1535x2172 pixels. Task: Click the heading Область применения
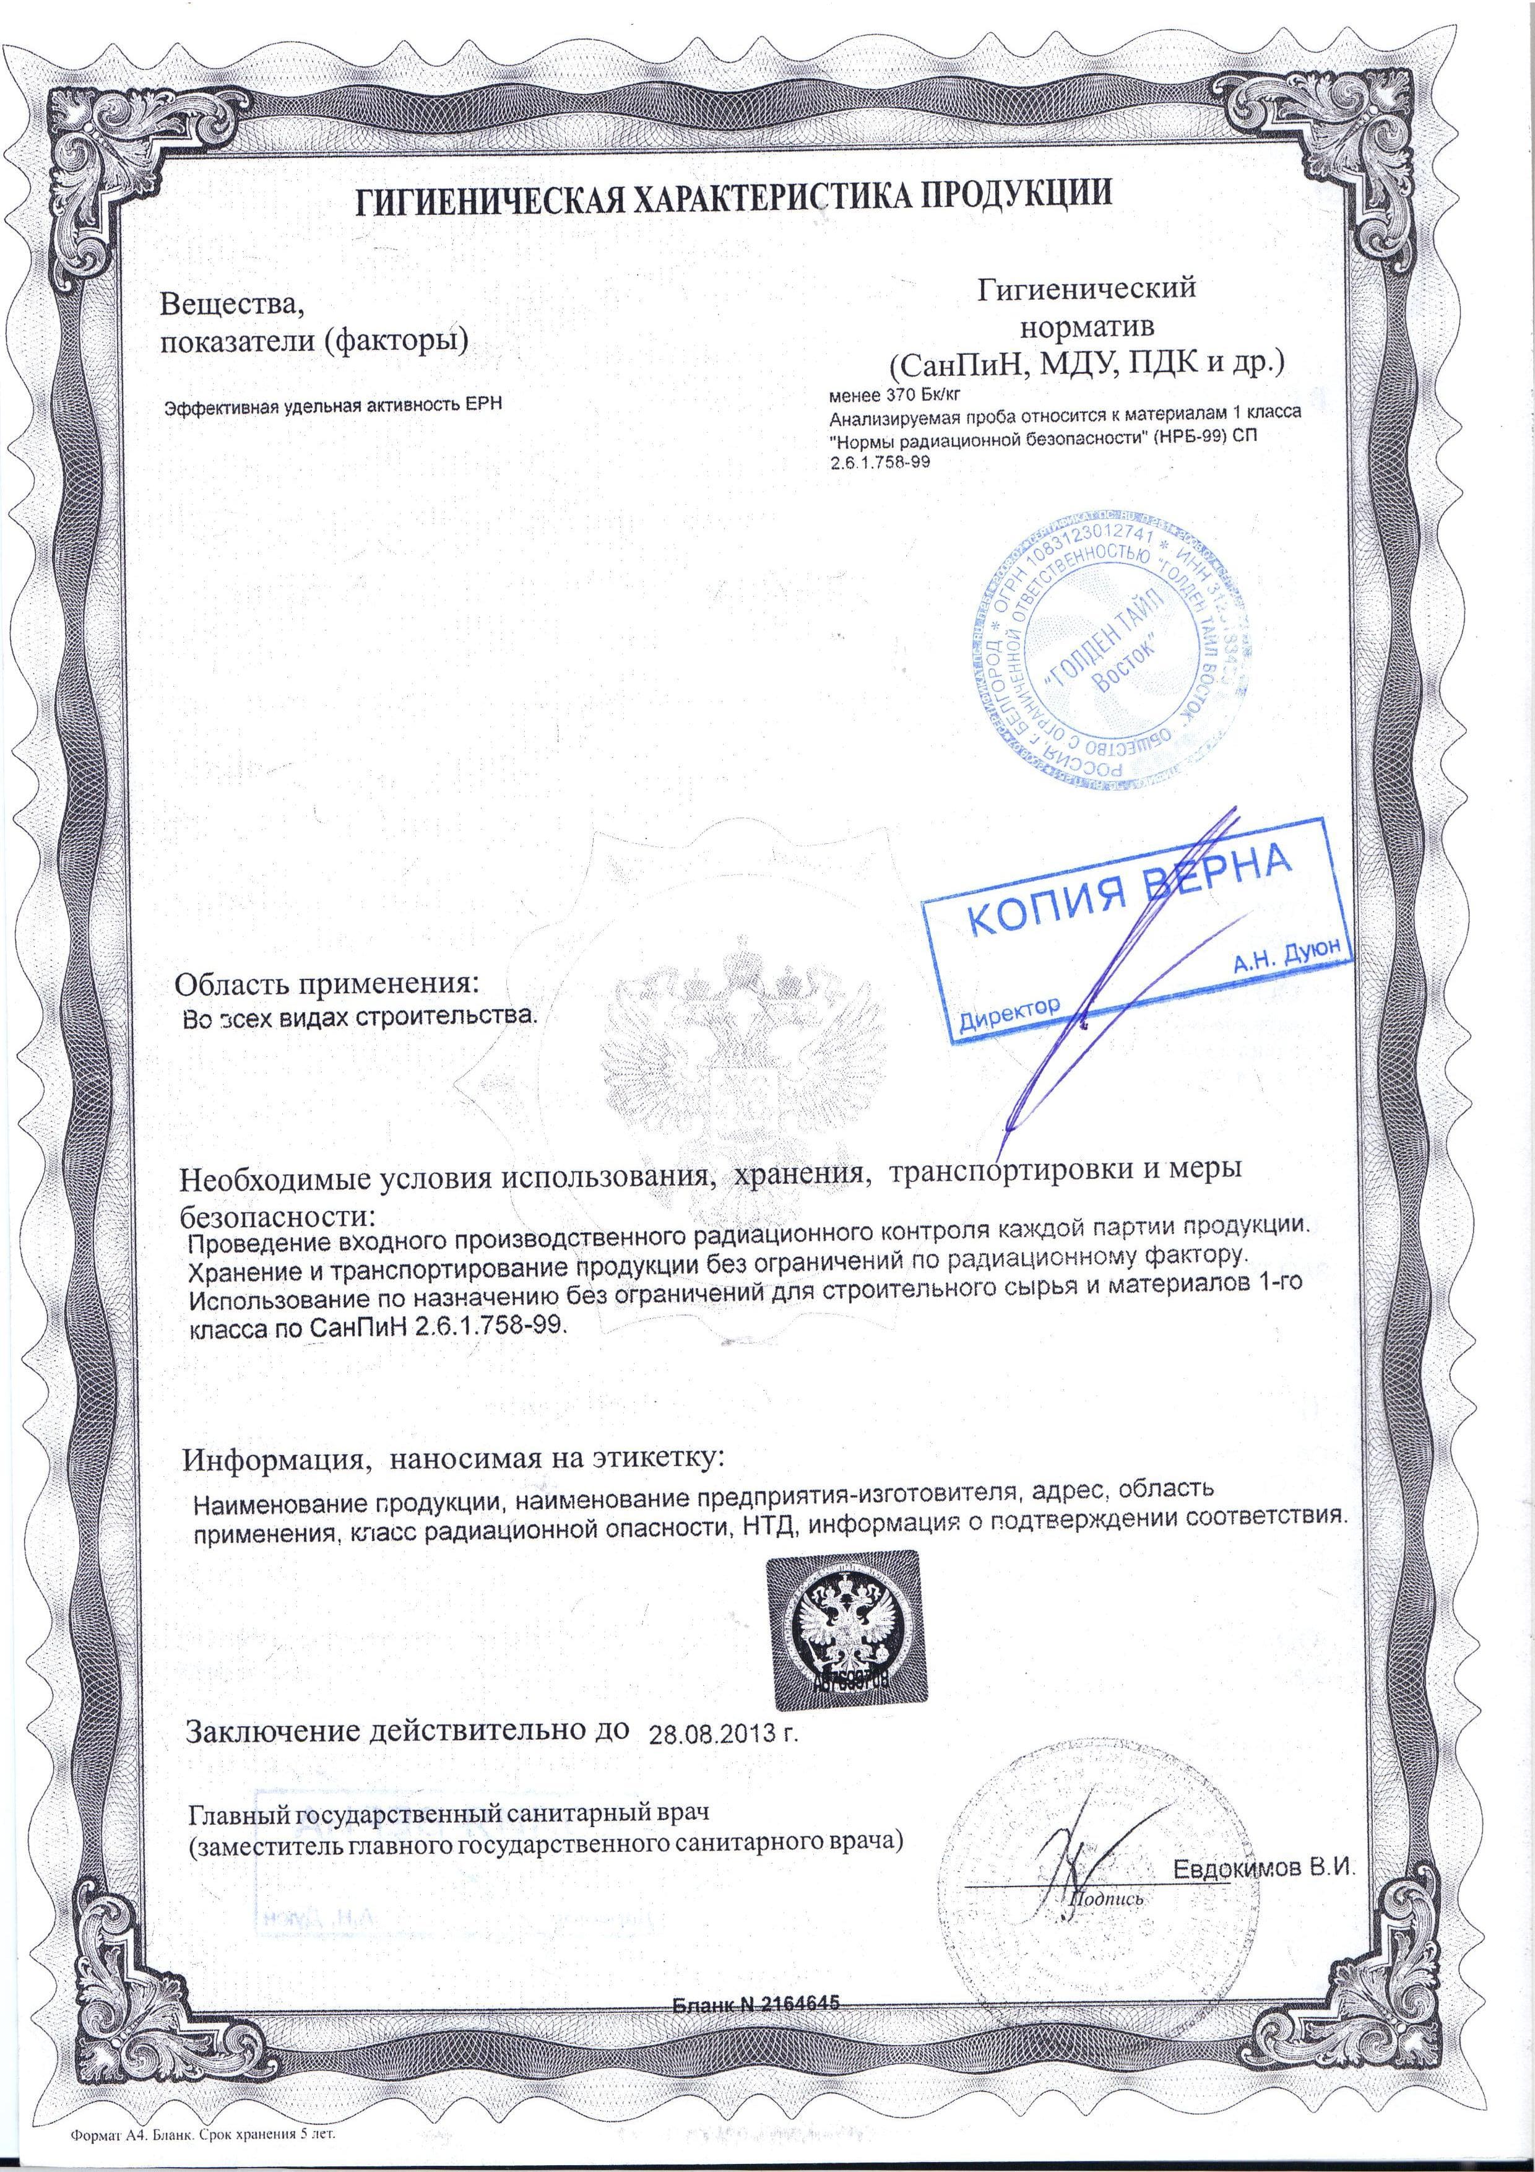pyautogui.click(x=327, y=983)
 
